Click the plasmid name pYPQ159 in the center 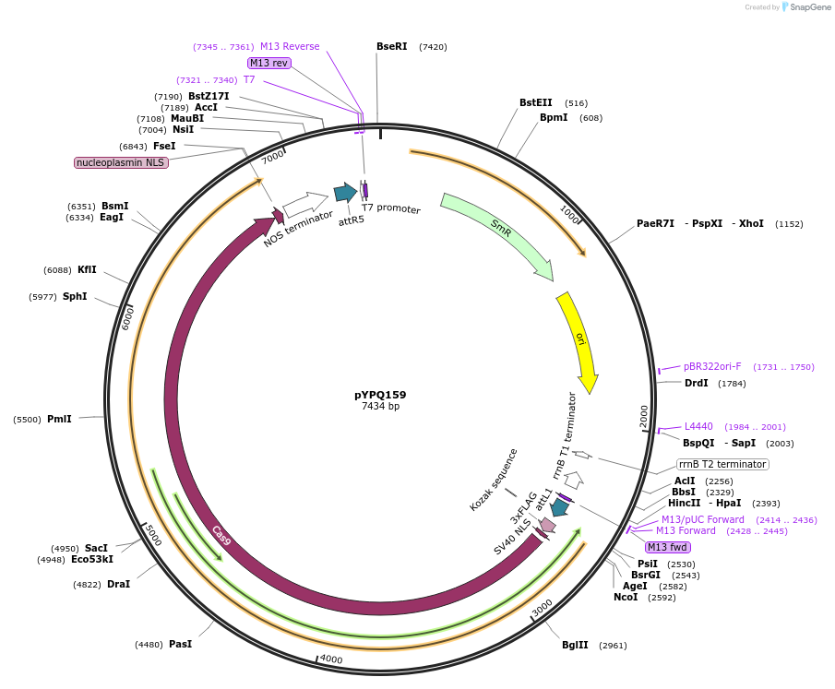(380, 395)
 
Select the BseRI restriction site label (391, 46)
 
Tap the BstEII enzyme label (535, 103)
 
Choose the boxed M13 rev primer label (268, 63)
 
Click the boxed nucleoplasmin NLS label (121, 163)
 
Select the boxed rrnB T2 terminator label (722, 464)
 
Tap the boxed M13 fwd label (668, 548)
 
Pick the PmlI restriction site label (59, 419)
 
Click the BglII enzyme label (575, 645)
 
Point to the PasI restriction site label (180, 644)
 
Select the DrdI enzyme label (696, 383)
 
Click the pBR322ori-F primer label (712, 366)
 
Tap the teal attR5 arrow (345, 192)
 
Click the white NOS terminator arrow (305, 202)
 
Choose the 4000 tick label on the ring (329, 659)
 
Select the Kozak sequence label (494, 480)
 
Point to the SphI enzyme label (75, 296)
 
